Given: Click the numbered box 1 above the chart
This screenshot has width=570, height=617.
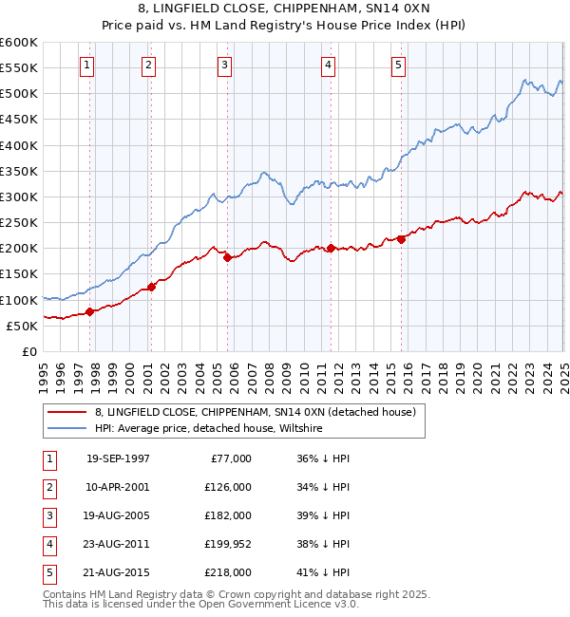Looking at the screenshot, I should click(86, 65).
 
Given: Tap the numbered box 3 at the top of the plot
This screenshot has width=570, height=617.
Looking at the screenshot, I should click(224, 65).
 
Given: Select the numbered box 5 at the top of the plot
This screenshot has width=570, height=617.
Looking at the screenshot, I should click(397, 65).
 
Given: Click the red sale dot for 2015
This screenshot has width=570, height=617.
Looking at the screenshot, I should click(401, 239).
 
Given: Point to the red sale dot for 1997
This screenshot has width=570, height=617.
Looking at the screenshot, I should click(90, 311).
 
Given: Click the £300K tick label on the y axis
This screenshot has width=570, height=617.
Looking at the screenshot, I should click(18, 197).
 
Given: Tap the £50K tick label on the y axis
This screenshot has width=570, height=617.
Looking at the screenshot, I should click(21, 326).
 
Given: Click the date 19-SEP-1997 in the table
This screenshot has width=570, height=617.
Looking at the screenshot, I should click(118, 458).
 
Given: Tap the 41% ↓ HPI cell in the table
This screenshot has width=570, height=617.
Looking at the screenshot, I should click(323, 572).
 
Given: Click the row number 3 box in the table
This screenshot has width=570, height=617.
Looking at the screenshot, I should click(48, 515).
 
